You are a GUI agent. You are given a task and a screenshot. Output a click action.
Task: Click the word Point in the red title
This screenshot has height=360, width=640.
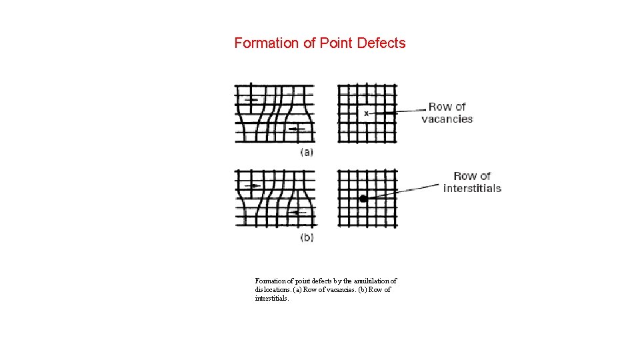pos(337,43)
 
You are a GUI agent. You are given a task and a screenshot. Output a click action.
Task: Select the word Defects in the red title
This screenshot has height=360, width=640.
pos(381,43)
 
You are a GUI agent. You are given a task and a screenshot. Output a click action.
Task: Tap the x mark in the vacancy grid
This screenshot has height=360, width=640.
pos(366,114)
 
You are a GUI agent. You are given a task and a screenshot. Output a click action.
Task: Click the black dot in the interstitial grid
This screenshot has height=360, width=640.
pos(363,199)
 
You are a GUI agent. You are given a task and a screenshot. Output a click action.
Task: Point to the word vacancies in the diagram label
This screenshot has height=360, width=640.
pos(447,119)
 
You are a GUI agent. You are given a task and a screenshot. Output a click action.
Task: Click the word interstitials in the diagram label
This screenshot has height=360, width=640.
pos(472,189)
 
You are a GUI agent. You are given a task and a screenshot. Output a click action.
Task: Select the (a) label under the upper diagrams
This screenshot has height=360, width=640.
pos(307,152)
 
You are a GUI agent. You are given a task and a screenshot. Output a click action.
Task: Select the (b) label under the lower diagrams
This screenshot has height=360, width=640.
pos(307,237)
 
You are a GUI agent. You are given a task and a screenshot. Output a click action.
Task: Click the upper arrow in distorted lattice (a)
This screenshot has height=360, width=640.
pos(250,100)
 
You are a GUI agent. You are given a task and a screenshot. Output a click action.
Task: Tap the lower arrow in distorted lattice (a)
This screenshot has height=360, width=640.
pos(296,129)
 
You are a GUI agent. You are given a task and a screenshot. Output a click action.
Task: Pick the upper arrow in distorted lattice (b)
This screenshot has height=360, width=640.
pos(253,185)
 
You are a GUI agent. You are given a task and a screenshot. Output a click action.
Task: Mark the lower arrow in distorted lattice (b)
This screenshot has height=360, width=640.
pos(296,213)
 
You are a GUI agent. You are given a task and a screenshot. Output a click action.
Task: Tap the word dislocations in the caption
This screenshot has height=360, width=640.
pos(273,290)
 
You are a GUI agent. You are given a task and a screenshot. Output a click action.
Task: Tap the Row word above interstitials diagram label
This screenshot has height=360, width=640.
pos(465,176)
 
